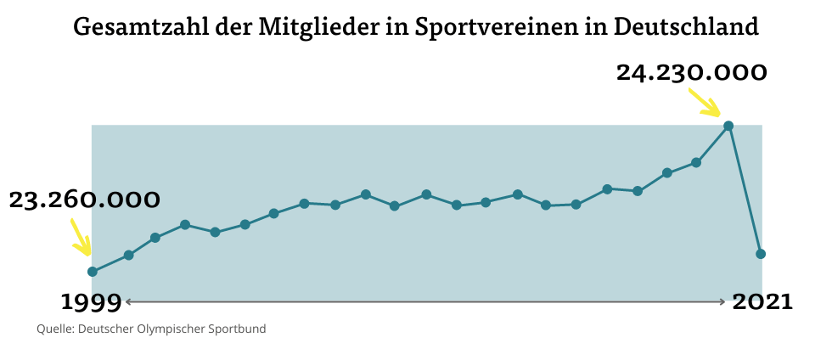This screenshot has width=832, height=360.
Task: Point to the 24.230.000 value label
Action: tap(691, 73)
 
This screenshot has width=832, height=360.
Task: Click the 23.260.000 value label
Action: tap(84, 200)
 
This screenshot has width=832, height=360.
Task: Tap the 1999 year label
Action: tap(91, 301)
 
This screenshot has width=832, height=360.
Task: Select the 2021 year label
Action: tap(762, 301)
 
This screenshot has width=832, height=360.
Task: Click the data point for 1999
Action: tap(93, 272)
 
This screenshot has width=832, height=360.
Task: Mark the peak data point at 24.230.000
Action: tap(728, 126)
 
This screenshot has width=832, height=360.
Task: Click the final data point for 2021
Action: tap(761, 254)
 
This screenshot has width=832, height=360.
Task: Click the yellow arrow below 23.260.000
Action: tap(80, 238)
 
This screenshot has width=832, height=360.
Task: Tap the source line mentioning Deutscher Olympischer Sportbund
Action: tap(151, 329)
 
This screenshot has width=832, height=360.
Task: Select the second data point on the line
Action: tap(128, 255)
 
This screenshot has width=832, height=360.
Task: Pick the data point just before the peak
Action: tap(696, 162)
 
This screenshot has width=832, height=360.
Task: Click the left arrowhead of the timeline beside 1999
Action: tap(127, 301)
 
